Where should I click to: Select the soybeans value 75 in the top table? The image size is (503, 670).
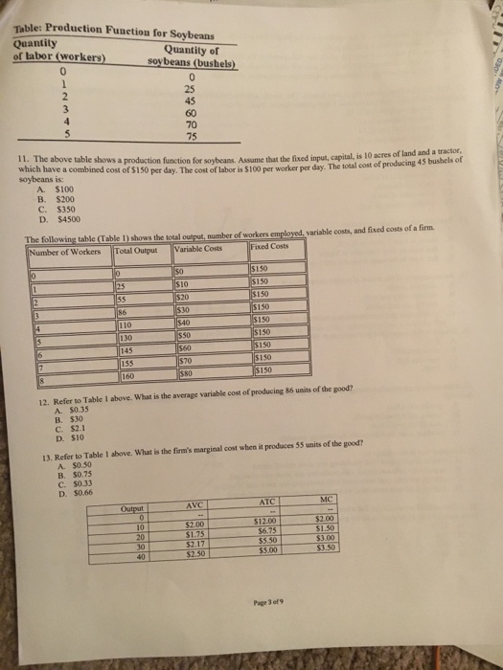pyautogui.click(x=192, y=137)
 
